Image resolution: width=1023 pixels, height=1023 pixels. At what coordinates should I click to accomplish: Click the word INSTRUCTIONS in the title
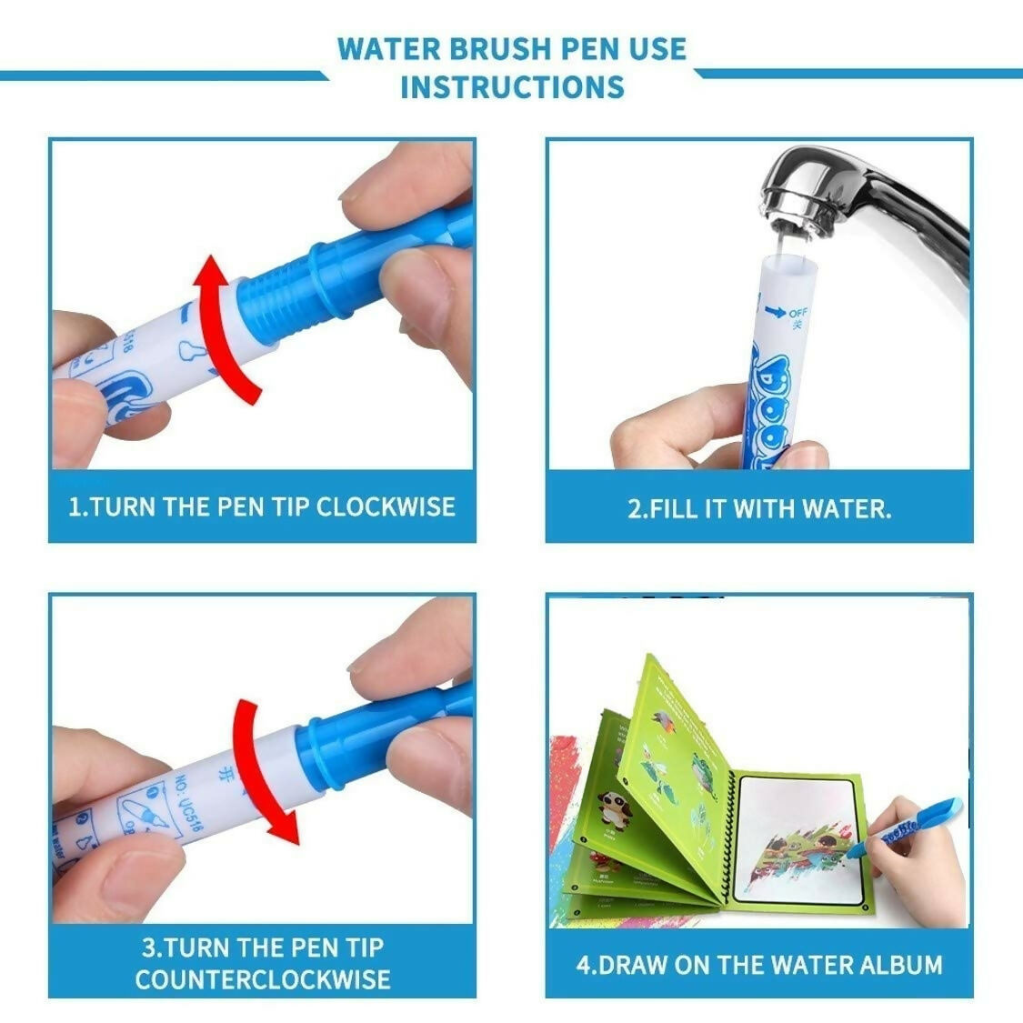click(x=512, y=87)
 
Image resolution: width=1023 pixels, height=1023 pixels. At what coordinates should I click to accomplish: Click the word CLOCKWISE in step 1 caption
click(x=386, y=506)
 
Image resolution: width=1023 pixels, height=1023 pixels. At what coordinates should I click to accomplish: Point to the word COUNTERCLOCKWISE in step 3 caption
click(x=263, y=978)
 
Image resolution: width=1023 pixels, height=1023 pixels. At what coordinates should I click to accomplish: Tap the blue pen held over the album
click(x=909, y=826)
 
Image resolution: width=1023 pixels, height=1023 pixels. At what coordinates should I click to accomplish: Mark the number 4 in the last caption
click(x=584, y=964)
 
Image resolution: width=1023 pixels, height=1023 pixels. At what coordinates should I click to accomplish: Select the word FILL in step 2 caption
click(x=674, y=508)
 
